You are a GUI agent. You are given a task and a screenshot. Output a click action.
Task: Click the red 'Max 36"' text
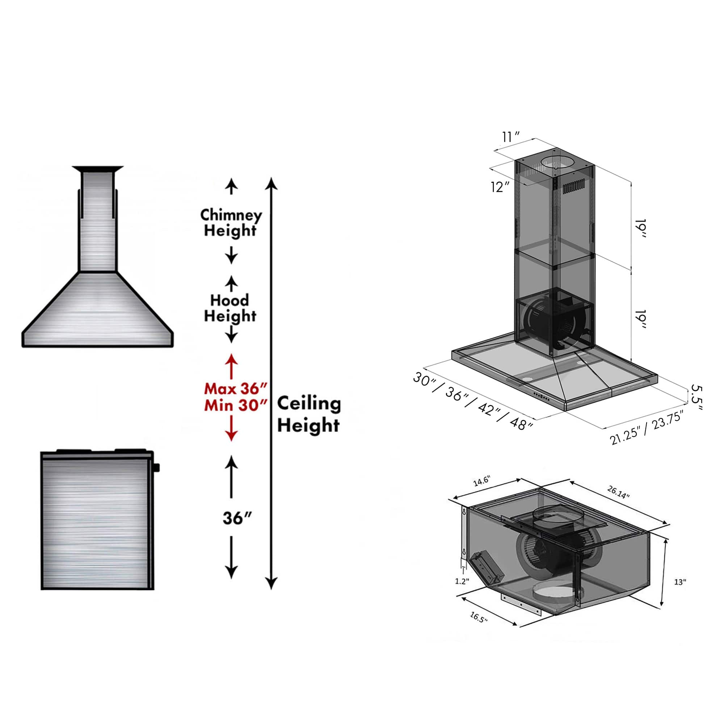pos(235,388)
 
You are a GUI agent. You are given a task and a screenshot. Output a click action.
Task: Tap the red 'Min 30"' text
pos(235,405)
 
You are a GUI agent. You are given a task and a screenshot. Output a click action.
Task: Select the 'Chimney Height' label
pos(231,223)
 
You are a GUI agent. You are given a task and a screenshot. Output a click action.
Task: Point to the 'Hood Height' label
pos(230,308)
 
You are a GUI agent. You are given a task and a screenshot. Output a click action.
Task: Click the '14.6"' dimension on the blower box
pos(481,481)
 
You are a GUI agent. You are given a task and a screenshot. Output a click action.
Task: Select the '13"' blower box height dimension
pos(680,593)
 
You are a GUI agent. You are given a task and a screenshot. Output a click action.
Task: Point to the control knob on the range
pos(156,467)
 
